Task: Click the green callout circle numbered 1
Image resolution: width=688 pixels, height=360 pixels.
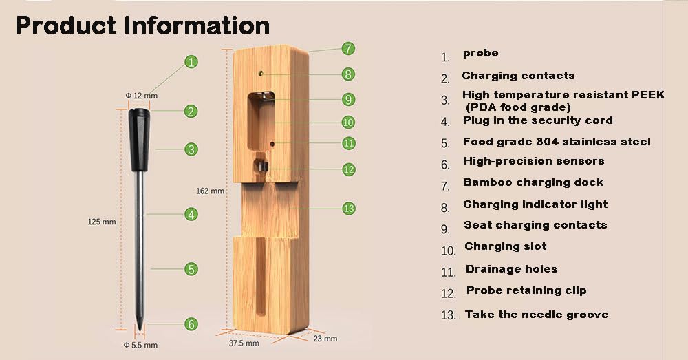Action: (191, 62)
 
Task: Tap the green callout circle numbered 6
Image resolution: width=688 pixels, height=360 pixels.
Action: (191, 324)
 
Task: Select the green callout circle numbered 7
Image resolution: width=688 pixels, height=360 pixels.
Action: (348, 48)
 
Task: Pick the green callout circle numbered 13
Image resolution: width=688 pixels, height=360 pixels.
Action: (348, 208)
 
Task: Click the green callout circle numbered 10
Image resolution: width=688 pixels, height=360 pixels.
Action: (348, 122)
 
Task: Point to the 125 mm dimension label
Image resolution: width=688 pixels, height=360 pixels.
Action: (102, 222)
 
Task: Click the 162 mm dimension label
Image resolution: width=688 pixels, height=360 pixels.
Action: (210, 191)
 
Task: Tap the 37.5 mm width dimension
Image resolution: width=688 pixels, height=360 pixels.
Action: (244, 343)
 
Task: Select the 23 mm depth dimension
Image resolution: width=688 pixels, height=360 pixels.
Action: (325, 339)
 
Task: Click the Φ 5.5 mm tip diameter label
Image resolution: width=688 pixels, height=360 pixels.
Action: (140, 345)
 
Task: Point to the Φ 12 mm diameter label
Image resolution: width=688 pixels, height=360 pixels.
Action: (141, 96)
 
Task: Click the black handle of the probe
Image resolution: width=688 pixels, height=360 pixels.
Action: (140, 140)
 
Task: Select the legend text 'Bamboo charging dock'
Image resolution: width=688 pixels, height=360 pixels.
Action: (533, 182)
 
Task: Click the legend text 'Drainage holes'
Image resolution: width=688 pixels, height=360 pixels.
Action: (512, 269)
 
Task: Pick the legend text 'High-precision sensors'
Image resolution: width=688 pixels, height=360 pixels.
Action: (534, 161)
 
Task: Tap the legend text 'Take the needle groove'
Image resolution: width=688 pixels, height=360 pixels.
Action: (537, 315)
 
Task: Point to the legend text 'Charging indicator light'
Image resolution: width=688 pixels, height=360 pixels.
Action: (535, 204)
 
